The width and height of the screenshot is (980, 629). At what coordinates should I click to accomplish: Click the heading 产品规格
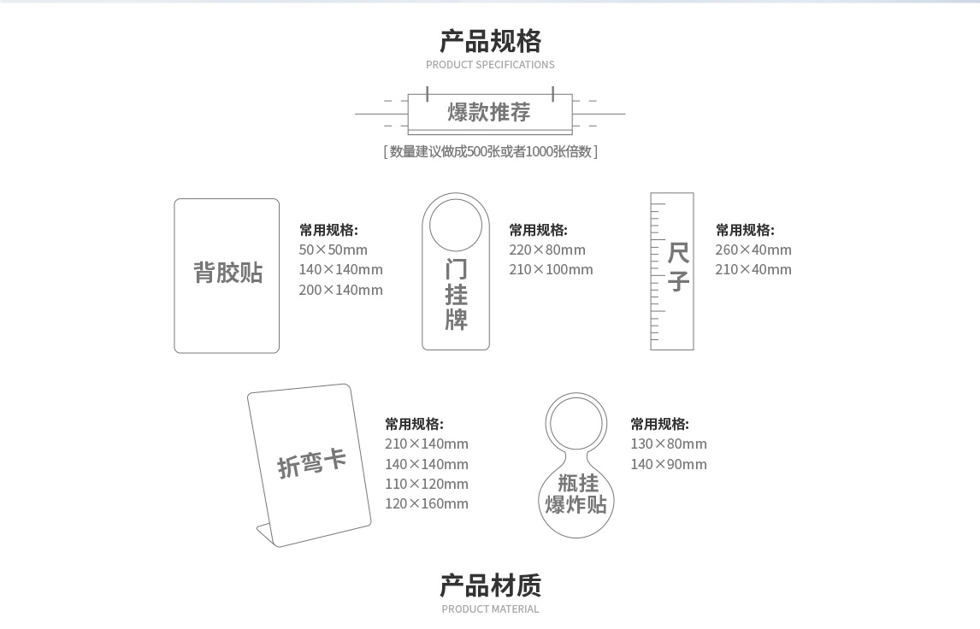[x=490, y=41]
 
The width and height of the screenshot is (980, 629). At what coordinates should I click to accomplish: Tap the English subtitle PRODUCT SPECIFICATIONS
[x=490, y=65]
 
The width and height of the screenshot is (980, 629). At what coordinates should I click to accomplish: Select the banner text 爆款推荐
[x=489, y=112]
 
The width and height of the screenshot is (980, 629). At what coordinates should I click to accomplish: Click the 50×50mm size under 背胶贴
[x=333, y=250]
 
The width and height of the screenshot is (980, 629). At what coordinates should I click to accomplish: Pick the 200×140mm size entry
[x=340, y=290]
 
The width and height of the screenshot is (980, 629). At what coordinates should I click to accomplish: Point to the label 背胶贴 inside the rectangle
[x=227, y=273]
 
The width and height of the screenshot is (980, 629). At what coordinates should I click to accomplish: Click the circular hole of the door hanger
[x=456, y=225]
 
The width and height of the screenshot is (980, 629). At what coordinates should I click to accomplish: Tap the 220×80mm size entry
[x=547, y=250]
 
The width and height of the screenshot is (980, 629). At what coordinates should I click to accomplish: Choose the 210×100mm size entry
[x=551, y=269]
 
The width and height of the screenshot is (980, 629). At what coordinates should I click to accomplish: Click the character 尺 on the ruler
[x=678, y=253]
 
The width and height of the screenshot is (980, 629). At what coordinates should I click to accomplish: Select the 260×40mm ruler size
[x=753, y=250]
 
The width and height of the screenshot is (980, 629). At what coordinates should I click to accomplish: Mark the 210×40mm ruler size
[x=753, y=269]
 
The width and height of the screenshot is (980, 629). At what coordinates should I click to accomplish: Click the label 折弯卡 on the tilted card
[x=311, y=462]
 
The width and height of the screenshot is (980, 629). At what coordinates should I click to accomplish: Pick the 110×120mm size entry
[x=426, y=484]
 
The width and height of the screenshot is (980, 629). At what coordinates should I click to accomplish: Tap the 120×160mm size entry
[x=426, y=503]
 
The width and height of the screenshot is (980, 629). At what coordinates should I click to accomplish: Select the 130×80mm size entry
[x=669, y=444]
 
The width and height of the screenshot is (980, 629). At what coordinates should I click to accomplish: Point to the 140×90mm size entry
[x=669, y=464]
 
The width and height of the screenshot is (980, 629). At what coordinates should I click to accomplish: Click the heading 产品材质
[x=490, y=585]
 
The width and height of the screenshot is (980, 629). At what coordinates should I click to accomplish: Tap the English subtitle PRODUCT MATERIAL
[x=490, y=609]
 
